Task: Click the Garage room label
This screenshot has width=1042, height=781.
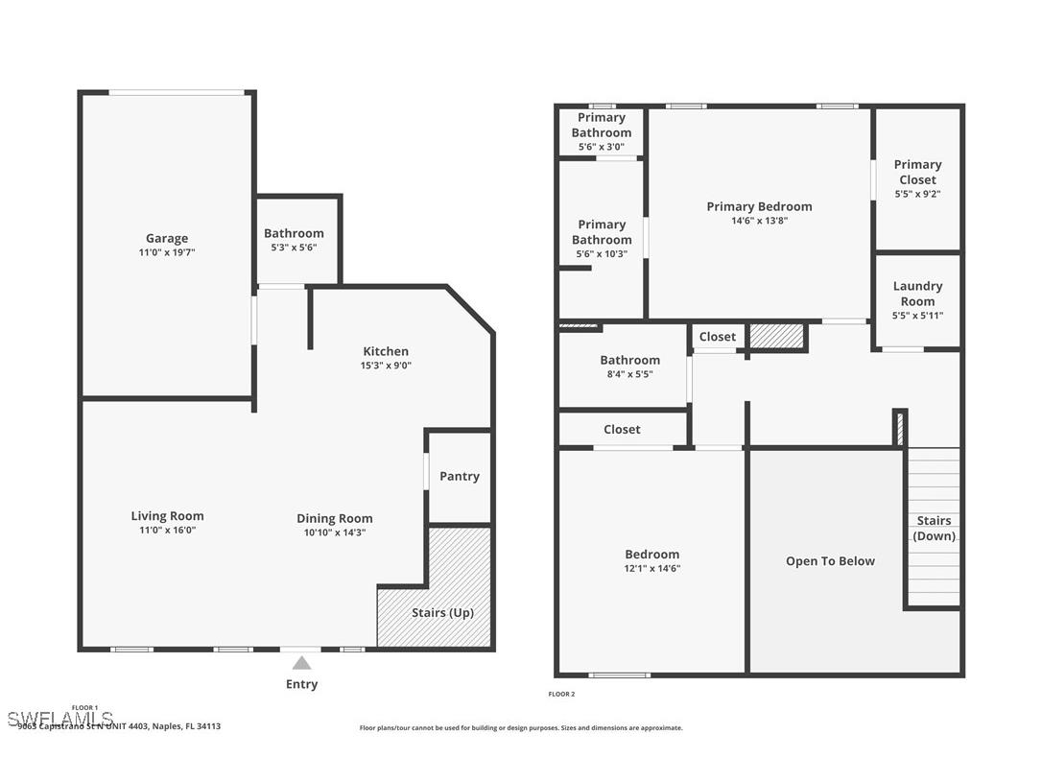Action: tap(167, 238)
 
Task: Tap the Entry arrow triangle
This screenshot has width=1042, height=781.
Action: tap(301, 663)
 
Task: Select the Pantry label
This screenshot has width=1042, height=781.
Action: tap(459, 476)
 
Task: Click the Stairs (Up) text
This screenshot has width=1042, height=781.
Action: tap(442, 612)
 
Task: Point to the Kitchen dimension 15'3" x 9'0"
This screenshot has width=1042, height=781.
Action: tap(386, 366)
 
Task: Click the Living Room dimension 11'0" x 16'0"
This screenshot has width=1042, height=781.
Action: tap(167, 530)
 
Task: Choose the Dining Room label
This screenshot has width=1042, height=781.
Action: tap(334, 518)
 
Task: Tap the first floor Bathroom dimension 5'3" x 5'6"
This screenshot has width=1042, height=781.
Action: tap(294, 248)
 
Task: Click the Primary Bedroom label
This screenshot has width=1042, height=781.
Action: tap(759, 206)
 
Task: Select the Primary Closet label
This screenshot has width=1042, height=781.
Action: tap(917, 172)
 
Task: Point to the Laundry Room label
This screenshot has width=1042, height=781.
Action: tap(917, 294)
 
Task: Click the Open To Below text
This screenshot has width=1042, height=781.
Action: tap(830, 561)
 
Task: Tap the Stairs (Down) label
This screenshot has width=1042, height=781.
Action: tap(934, 529)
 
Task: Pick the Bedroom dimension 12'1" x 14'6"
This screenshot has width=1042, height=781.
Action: tap(651, 568)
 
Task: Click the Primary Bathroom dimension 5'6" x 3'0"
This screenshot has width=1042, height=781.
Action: tap(602, 147)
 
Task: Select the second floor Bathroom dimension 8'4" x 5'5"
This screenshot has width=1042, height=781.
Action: tap(629, 374)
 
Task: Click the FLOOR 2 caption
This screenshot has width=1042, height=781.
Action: tap(561, 694)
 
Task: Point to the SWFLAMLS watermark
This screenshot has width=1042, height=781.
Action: tap(59, 719)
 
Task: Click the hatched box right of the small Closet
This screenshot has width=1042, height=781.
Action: tap(775, 336)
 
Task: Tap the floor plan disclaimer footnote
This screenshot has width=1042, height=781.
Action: tap(521, 728)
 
